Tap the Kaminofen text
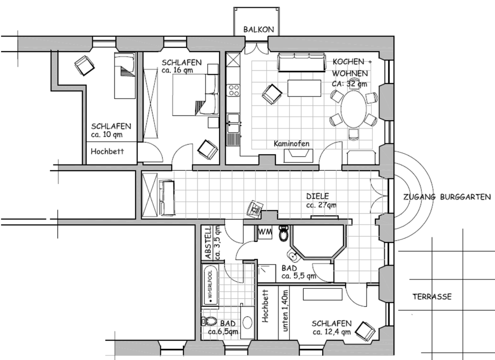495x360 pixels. (292, 144)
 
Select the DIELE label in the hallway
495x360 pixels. (318, 196)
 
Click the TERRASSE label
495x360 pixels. (432, 297)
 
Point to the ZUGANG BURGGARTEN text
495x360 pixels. (447, 197)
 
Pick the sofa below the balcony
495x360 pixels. (302, 62)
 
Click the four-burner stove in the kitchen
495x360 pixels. (234, 90)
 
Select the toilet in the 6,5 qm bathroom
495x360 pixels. (210, 321)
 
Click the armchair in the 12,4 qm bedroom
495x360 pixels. (367, 330)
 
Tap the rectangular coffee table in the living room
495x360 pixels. (304, 88)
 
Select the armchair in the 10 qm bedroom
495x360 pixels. (84, 66)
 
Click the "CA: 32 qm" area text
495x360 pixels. (350, 84)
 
